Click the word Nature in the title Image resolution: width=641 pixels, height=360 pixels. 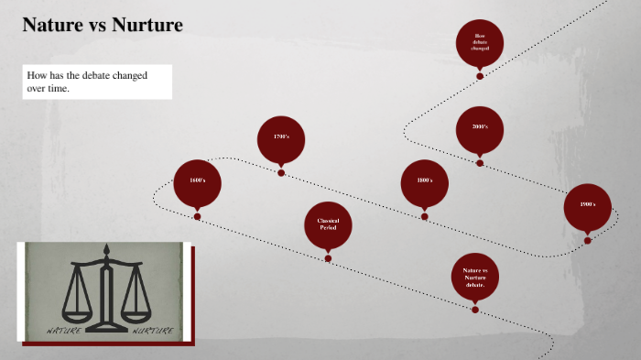point(53,25)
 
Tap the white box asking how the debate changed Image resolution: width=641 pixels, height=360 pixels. point(95,82)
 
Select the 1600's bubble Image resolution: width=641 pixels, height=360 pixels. point(198,182)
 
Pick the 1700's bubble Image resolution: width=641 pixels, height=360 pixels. point(281,138)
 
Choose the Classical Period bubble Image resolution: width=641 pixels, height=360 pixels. point(328,224)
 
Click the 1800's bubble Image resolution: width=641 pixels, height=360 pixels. point(424,182)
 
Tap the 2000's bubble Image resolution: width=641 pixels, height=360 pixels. point(480,128)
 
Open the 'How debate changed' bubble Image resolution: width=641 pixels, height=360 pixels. point(480,41)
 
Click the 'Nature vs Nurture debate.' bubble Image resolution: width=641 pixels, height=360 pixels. point(474,276)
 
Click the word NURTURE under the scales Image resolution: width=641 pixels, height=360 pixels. point(152,330)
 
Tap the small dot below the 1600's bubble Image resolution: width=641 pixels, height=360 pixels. point(198,217)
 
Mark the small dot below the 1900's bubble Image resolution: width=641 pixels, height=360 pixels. point(587,240)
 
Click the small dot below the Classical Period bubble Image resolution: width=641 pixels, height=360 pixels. point(328,259)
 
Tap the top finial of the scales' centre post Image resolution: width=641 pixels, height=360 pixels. point(108,249)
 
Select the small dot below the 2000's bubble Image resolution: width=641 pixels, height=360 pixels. point(480,163)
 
